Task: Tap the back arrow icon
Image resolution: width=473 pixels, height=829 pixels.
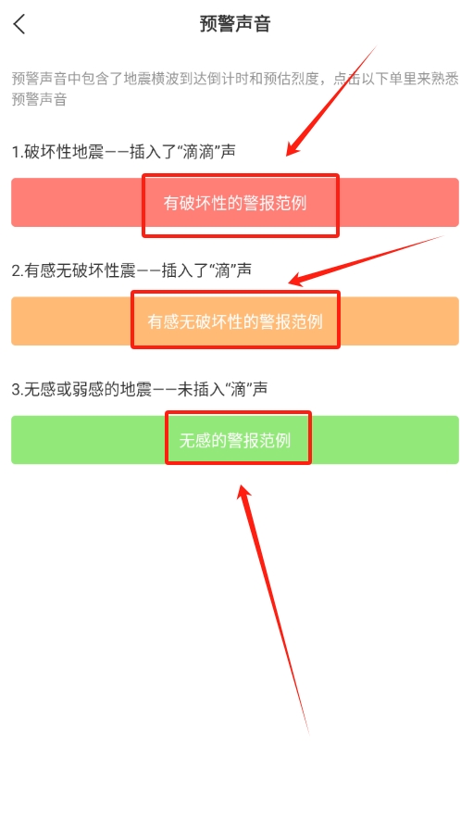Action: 19,24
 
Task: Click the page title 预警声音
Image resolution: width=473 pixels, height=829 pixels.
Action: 235,24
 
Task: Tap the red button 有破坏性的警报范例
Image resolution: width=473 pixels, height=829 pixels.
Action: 235,203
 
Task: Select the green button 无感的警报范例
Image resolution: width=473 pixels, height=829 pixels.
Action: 235,440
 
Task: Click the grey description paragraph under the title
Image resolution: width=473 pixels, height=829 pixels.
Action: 235,89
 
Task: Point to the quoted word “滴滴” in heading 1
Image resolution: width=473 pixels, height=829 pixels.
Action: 198,152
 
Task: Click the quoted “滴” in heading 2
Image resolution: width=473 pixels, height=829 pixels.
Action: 222,270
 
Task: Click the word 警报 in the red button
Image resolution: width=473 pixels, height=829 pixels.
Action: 259,204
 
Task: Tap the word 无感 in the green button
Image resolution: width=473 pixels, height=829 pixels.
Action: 195,440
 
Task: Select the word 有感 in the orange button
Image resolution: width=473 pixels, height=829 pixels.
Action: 163,321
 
